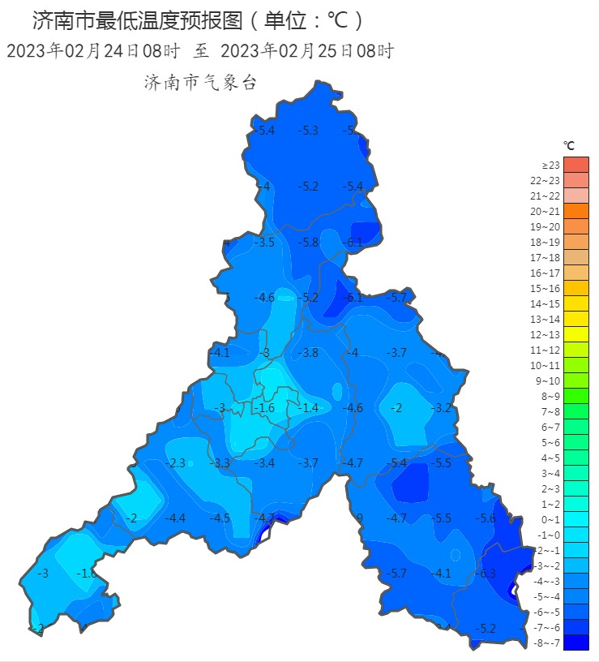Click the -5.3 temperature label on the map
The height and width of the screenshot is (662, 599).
(x=308, y=131)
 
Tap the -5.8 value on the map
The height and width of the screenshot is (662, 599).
(x=308, y=243)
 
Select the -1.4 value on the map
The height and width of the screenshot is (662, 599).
(x=308, y=408)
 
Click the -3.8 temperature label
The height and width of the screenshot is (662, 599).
(x=308, y=353)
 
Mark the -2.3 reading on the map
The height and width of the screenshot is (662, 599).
(x=176, y=463)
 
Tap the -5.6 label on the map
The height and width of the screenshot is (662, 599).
(x=486, y=518)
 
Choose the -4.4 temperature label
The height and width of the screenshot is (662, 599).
(x=176, y=518)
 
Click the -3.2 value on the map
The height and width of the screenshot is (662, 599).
(x=442, y=408)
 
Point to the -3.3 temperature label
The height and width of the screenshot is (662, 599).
(x=220, y=463)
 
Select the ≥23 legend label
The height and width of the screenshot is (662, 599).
(x=551, y=165)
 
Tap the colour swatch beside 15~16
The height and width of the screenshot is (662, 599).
(x=576, y=288)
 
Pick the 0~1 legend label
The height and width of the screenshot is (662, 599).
(x=551, y=519)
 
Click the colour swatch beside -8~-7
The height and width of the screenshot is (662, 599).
(x=576, y=643)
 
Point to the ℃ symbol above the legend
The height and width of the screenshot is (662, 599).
(x=569, y=146)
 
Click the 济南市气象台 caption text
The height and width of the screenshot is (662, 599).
(x=200, y=83)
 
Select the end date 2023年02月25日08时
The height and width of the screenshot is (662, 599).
(x=307, y=51)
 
